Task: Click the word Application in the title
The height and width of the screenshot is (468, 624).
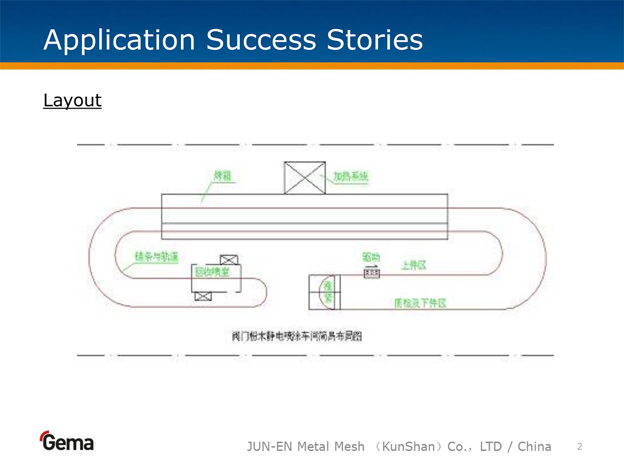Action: point(119,40)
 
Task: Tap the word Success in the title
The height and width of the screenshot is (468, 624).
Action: point(261,40)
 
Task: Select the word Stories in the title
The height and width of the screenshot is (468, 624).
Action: point(374,40)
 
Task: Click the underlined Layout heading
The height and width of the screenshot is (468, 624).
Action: point(73,100)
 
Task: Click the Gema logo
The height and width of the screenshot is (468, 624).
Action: point(67,441)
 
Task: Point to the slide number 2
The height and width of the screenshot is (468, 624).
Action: point(579,447)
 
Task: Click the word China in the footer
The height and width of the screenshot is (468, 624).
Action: point(534,447)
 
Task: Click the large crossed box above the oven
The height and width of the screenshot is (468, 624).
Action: point(305,178)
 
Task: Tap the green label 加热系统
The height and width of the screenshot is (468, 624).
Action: point(351,177)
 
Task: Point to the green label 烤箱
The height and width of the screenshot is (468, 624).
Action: point(222,176)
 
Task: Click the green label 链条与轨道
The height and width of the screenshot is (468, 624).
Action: point(156,257)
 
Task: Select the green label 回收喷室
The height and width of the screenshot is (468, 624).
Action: point(212,271)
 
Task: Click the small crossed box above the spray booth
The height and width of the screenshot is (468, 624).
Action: point(229,259)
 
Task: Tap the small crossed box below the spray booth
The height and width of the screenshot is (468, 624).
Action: point(203,296)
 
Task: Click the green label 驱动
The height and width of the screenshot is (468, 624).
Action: point(371,257)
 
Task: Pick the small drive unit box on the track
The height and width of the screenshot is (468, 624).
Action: point(372,273)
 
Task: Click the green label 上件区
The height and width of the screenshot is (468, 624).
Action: point(413,266)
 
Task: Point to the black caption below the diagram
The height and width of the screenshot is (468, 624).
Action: point(296,336)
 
